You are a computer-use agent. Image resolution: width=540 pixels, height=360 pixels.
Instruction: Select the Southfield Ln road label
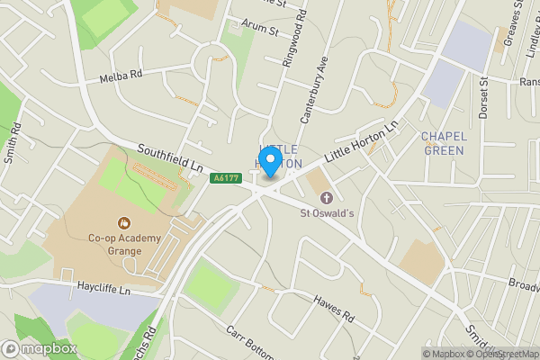pyautogui.click(x=170, y=157)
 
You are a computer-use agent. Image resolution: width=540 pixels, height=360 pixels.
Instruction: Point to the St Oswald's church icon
pyautogui.click(x=326, y=197)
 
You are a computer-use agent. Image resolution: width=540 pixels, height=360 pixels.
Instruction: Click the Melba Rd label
pyautogui.click(x=121, y=76)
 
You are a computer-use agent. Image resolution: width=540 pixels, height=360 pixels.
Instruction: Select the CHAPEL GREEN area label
pyautogui.click(x=443, y=143)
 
